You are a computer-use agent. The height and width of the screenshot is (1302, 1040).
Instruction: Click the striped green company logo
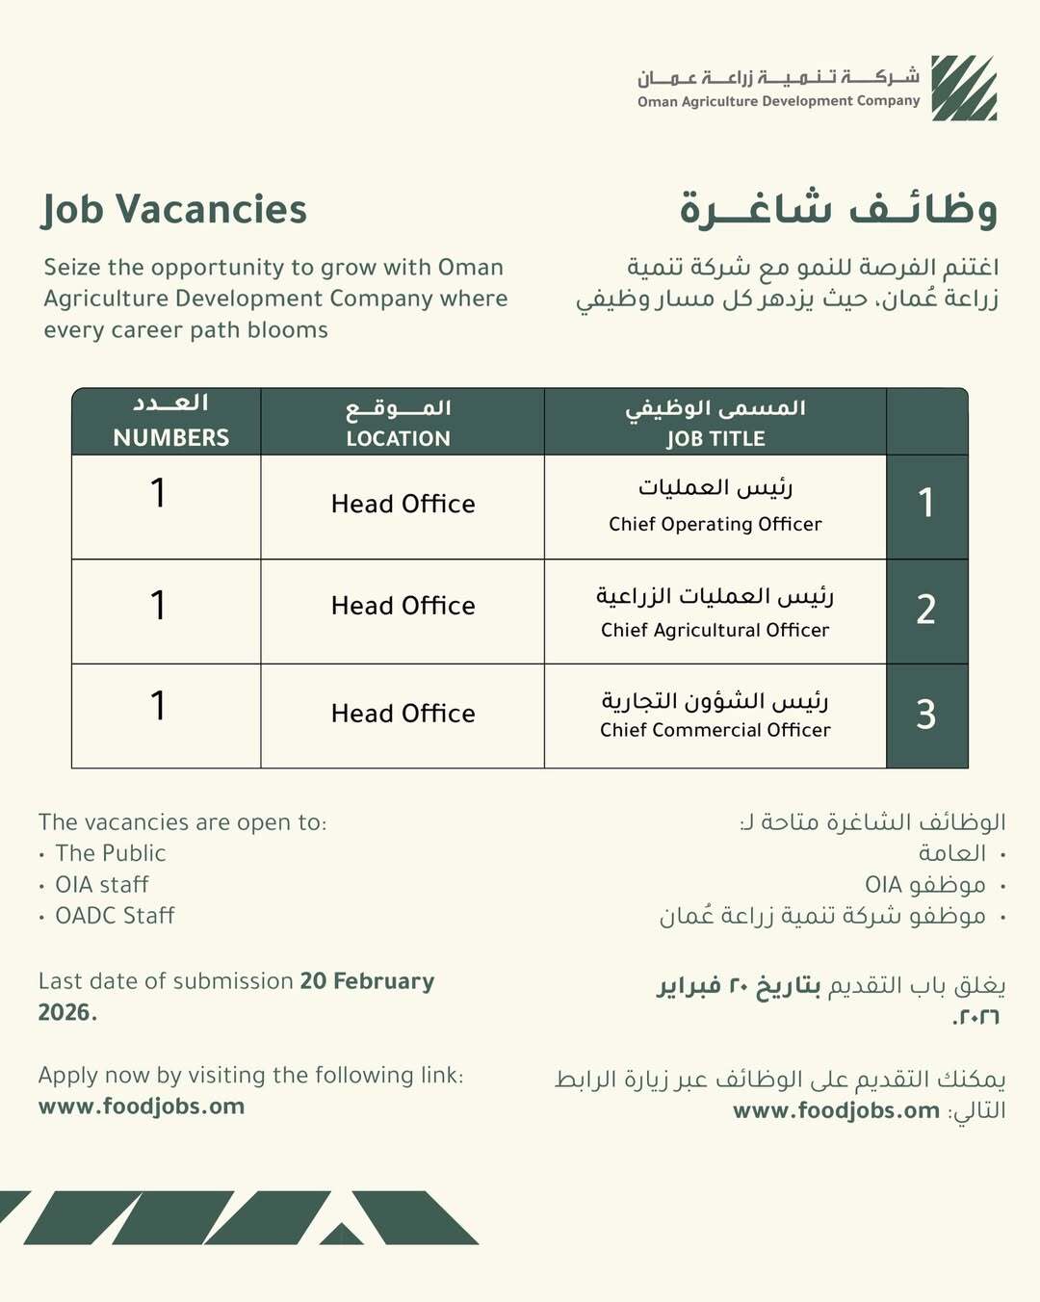(x=964, y=88)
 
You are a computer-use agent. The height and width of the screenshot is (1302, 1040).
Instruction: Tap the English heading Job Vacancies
(x=174, y=210)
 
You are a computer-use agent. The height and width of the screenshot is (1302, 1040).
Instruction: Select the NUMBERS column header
(x=171, y=438)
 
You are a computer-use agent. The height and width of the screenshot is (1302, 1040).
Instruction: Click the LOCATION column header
(x=399, y=439)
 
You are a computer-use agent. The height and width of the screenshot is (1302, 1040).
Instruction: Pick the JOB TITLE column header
(x=715, y=439)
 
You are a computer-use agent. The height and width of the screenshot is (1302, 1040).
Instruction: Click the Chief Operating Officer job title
(x=715, y=525)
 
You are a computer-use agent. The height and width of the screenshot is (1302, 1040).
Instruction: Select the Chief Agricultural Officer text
(x=715, y=631)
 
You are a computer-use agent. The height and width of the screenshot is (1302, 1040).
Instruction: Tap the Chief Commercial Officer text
(x=715, y=731)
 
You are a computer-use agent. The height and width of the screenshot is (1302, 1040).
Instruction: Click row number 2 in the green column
(x=926, y=610)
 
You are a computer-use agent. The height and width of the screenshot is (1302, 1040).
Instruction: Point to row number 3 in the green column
(x=926, y=715)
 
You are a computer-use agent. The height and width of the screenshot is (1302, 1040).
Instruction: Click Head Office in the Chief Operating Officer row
(x=403, y=505)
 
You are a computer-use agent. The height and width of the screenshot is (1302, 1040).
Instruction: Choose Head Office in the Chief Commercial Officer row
(x=403, y=714)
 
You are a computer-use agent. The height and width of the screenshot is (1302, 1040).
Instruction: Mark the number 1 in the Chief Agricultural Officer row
(x=158, y=606)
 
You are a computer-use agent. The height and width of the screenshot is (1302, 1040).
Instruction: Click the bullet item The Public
(x=111, y=853)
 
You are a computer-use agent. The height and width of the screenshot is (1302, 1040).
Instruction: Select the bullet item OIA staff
(x=102, y=885)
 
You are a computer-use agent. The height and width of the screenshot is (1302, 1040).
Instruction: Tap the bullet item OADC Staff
(x=115, y=916)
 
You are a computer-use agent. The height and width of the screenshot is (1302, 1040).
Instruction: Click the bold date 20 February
(x=367, y=981)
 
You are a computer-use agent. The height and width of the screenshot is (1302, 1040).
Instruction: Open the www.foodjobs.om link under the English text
(x=142, y=1107)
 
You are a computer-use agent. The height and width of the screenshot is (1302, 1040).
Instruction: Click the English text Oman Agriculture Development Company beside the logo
(x=778, y=101)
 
